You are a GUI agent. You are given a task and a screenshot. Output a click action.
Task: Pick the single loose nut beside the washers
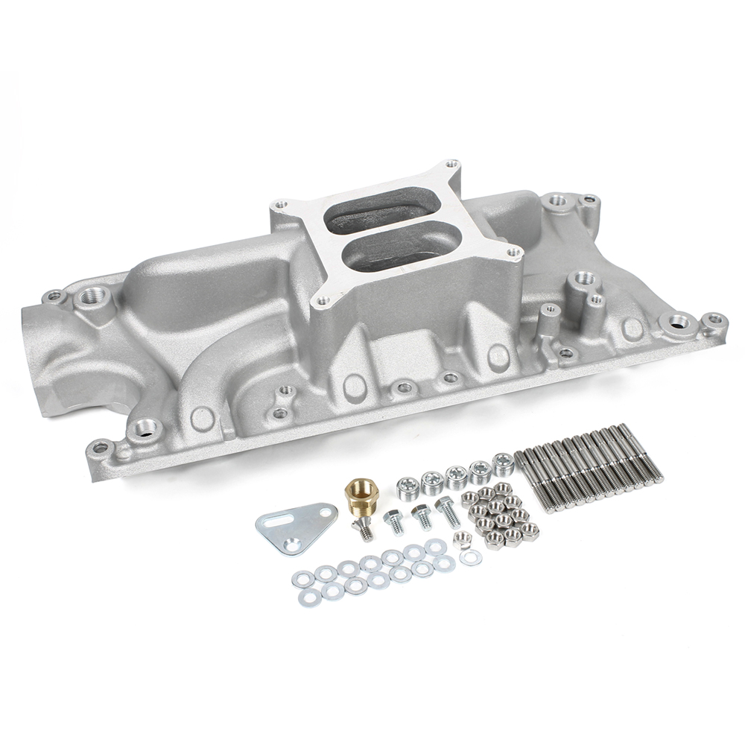click(x=461, y=540)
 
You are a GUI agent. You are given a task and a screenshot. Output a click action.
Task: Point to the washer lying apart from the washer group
click(x=470, y=557)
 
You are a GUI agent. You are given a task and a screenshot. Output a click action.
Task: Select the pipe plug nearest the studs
click(x=503, y=463)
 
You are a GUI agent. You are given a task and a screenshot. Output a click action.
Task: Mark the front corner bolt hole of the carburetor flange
click(x=323, y=301)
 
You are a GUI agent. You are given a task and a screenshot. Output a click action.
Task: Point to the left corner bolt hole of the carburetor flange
click(x=281, y=203)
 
